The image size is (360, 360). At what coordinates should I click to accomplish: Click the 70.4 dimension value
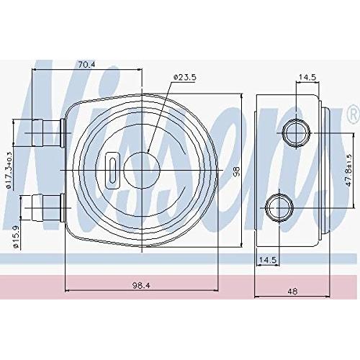pyautogui.click(x=86, y=65)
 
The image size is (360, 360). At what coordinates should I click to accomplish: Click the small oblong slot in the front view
pyautogui.click(x=113, y=170)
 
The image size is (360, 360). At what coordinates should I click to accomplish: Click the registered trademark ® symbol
pyautogui.click(x=351, y=114)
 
